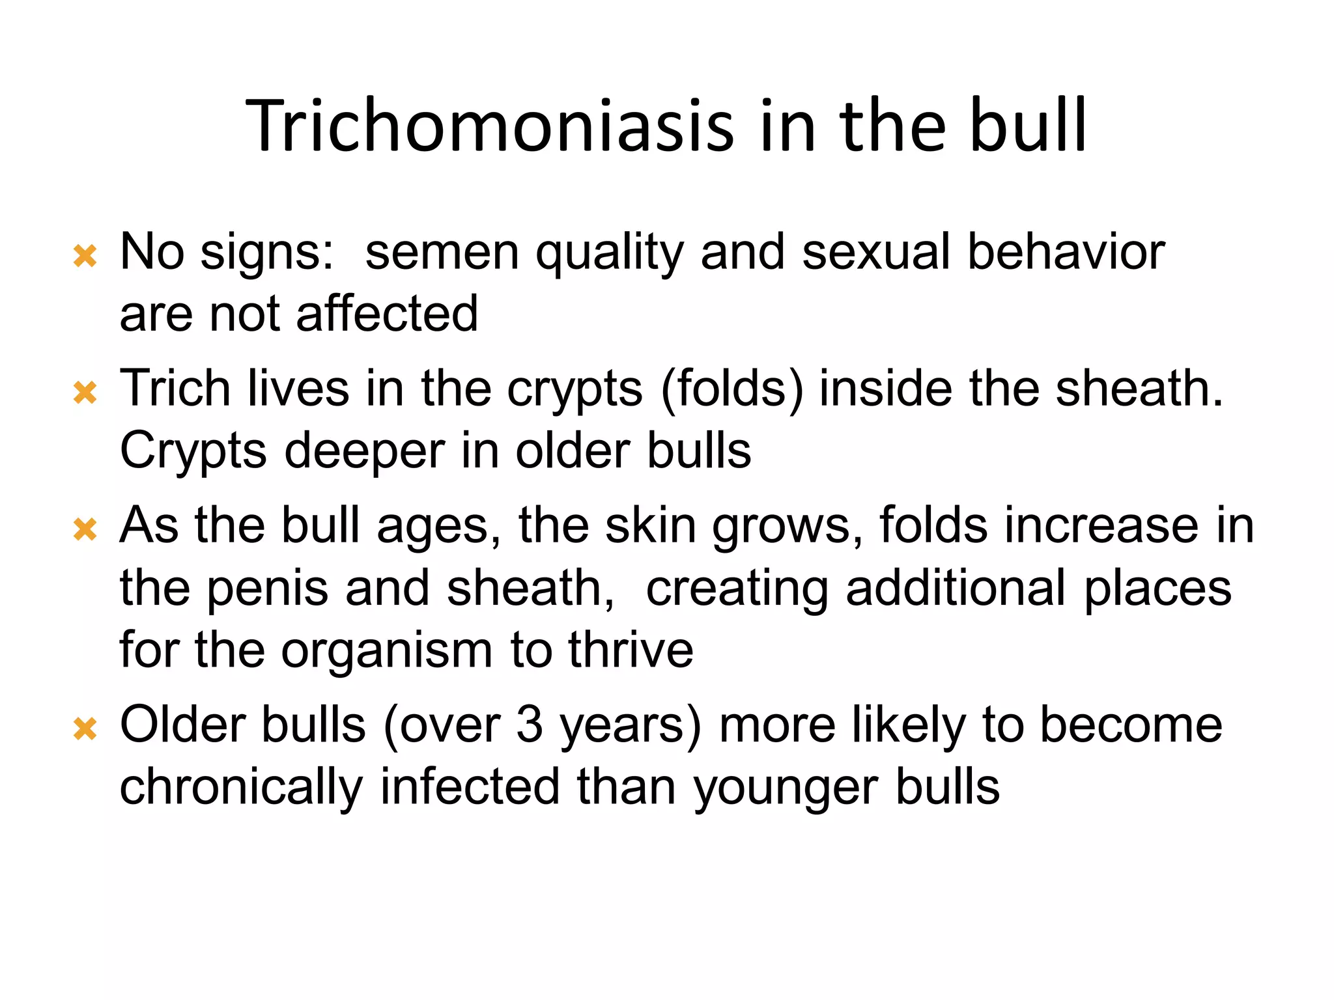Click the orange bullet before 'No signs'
point(85,256)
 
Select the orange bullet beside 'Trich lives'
point(85,393)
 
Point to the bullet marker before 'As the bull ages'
point(85,529)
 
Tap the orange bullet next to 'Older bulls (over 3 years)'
point(85,729)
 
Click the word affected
point(387,314)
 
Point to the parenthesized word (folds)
point(732,389)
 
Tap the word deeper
point(365,452)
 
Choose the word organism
point(387,651)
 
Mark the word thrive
point(631,650)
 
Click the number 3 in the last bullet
point(530,725)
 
